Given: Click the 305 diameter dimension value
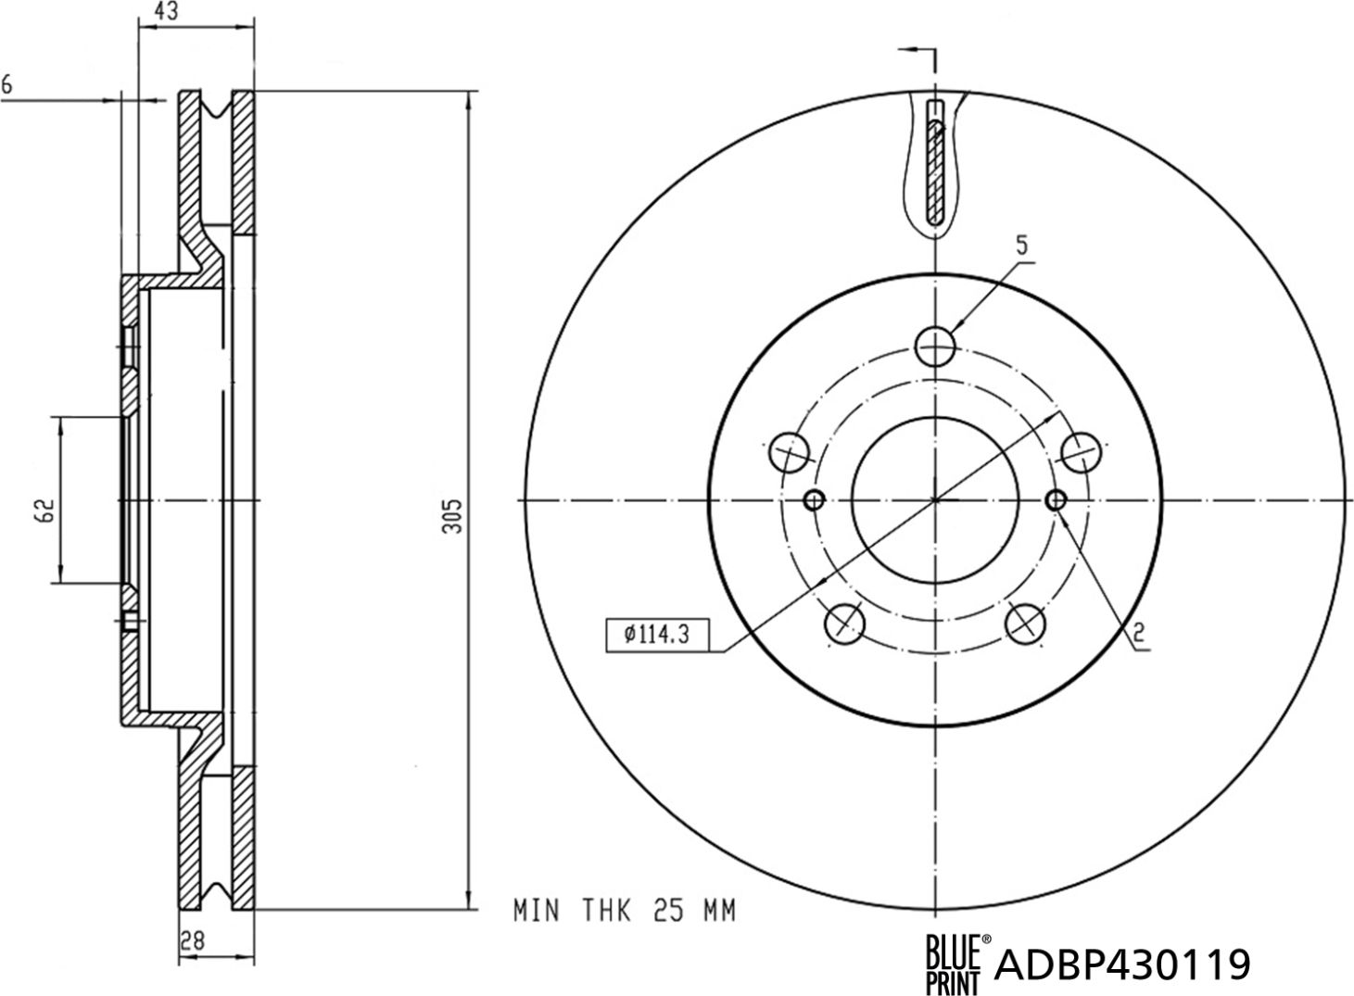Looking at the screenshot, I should tap(452, 516).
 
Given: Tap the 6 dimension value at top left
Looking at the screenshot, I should tap(7, 85).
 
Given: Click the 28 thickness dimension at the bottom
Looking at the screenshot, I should tap(193, 939).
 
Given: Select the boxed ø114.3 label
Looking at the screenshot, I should tap(656, 634).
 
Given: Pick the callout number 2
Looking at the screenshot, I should tap(1139, 633).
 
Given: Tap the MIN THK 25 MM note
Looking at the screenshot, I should tap(625, 911).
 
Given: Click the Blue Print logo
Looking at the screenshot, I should tap(958, 964).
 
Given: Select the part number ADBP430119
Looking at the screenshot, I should tap(1122, 965).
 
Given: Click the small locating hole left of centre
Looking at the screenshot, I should tap(815, 500).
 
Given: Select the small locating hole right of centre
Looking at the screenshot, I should tap(1056, 500).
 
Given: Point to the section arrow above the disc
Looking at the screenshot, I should tap(917, 51).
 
